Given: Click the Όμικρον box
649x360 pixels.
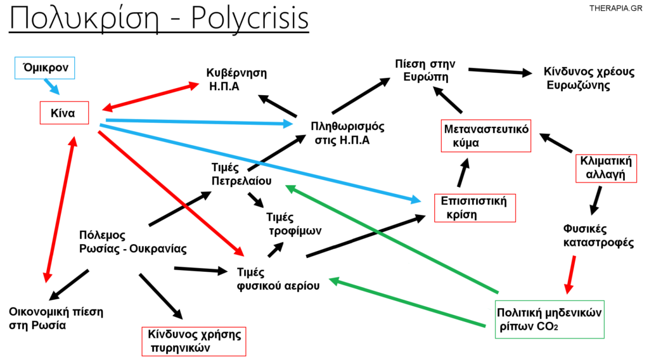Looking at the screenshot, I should pyautogui.click(x=44, y=67).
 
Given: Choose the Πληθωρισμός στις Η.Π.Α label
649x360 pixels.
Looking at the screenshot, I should pyautogui.click(x=347, y=132).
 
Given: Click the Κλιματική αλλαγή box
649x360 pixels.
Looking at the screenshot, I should pyautogui.click(x=605, y=167).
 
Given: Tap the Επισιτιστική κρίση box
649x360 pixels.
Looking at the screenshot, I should pyautogui.click(x=475, y=208).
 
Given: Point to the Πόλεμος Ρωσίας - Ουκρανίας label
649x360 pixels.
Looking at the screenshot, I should pyautogui.click(x=132, y=241).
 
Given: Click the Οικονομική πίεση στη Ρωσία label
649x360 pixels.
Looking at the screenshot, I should pyautogui.click(x=56, y=318).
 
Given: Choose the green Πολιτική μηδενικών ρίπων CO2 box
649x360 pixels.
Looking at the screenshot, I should pyautogui.click(x=549, y=319).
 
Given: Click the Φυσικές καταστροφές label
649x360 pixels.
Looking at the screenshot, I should pyautogui.click(x=598, y=235).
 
